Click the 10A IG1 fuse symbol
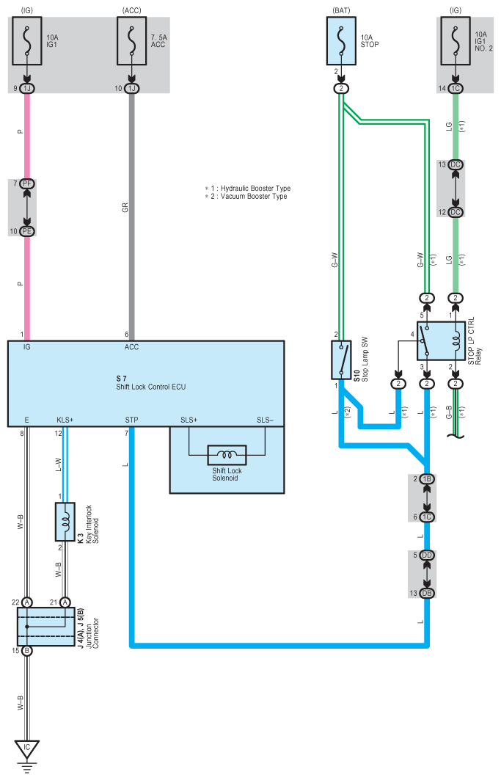27,41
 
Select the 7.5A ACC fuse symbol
132,41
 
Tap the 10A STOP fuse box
341,41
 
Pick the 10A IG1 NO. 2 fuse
456,41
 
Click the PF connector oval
27,183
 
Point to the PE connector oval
27,231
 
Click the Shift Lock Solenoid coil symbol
227,455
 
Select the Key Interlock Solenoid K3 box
65,521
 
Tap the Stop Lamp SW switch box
341,360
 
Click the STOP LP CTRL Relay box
442,340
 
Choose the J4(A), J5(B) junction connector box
46,627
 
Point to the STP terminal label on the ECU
131,420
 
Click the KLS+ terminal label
65,420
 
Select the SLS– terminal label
266,420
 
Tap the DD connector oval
427,555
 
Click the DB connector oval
427,593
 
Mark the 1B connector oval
427,479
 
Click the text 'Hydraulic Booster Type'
256,189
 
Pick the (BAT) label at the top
341,10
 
